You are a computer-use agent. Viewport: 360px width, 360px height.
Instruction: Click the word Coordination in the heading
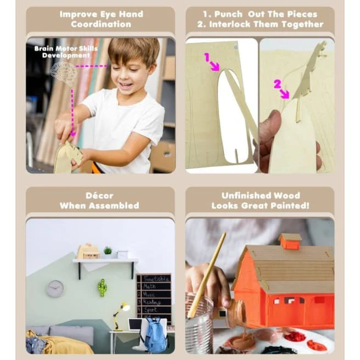coord(101,24)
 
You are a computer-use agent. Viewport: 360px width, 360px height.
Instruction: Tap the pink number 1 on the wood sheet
coord(207,57)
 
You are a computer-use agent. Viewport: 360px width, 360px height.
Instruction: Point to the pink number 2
coord(278,85)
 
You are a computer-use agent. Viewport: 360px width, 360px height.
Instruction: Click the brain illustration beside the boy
coord(64,71)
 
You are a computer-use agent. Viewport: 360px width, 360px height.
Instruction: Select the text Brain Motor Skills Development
coord(66,52)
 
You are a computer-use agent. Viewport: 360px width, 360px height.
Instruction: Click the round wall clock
coord(55,289)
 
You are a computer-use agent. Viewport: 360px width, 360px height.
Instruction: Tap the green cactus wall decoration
coord(102,288)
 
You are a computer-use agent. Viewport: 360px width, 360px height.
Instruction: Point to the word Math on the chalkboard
coord(149,286)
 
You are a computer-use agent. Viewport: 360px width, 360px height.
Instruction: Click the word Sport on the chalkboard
coord(150,310)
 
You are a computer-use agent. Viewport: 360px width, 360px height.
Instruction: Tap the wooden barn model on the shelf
coord(88,251)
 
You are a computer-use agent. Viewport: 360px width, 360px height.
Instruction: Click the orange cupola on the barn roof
coord(290,241)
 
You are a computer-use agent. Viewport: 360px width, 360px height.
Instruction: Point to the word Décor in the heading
coord(99,195)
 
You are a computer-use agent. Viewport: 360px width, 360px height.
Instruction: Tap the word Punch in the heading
coord(228,14)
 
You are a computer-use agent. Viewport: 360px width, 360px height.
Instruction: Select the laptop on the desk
coord(135,325)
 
